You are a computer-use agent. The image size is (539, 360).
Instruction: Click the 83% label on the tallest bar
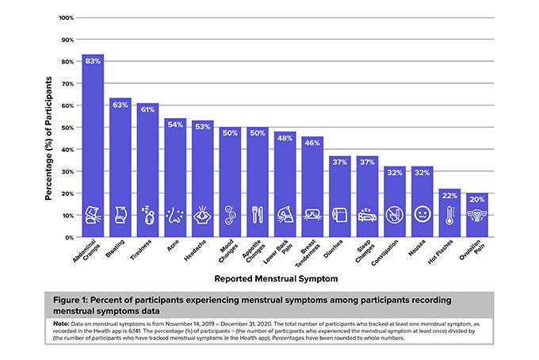coord(93,61)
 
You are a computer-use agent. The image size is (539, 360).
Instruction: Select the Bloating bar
coord(120,167)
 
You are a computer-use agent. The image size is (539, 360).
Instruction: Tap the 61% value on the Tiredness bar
coord(147,109)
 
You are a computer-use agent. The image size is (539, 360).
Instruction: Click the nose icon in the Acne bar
coord(175,215)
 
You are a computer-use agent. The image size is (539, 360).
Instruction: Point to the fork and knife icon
coord(258,215)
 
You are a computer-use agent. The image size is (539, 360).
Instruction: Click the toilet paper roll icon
coord(339,215)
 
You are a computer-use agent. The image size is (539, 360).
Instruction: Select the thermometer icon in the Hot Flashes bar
coord(449,215)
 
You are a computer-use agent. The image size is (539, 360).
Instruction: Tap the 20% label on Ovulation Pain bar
coord(477,199)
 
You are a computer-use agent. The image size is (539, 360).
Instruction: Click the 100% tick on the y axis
coord(67,18)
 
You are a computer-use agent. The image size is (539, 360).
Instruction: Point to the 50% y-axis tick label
coord(67,128)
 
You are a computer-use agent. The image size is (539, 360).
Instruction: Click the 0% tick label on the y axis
coord(69,238)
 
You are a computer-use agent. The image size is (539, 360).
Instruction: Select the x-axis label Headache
coord(195,251)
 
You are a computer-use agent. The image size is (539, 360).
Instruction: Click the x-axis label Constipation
coord(384,253)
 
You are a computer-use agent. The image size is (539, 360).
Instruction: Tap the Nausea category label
coord(417,247)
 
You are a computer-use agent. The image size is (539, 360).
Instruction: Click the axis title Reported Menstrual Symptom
coord(276,279)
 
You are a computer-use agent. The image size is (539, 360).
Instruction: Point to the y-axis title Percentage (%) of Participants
coord(48,138)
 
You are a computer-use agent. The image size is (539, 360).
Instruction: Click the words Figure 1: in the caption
coord(71,301)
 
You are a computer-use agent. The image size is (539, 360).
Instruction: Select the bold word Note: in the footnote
coord(61,324)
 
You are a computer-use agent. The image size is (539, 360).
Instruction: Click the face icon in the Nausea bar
coord(422,215)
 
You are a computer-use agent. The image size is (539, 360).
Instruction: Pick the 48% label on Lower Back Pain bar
coord(285,138)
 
